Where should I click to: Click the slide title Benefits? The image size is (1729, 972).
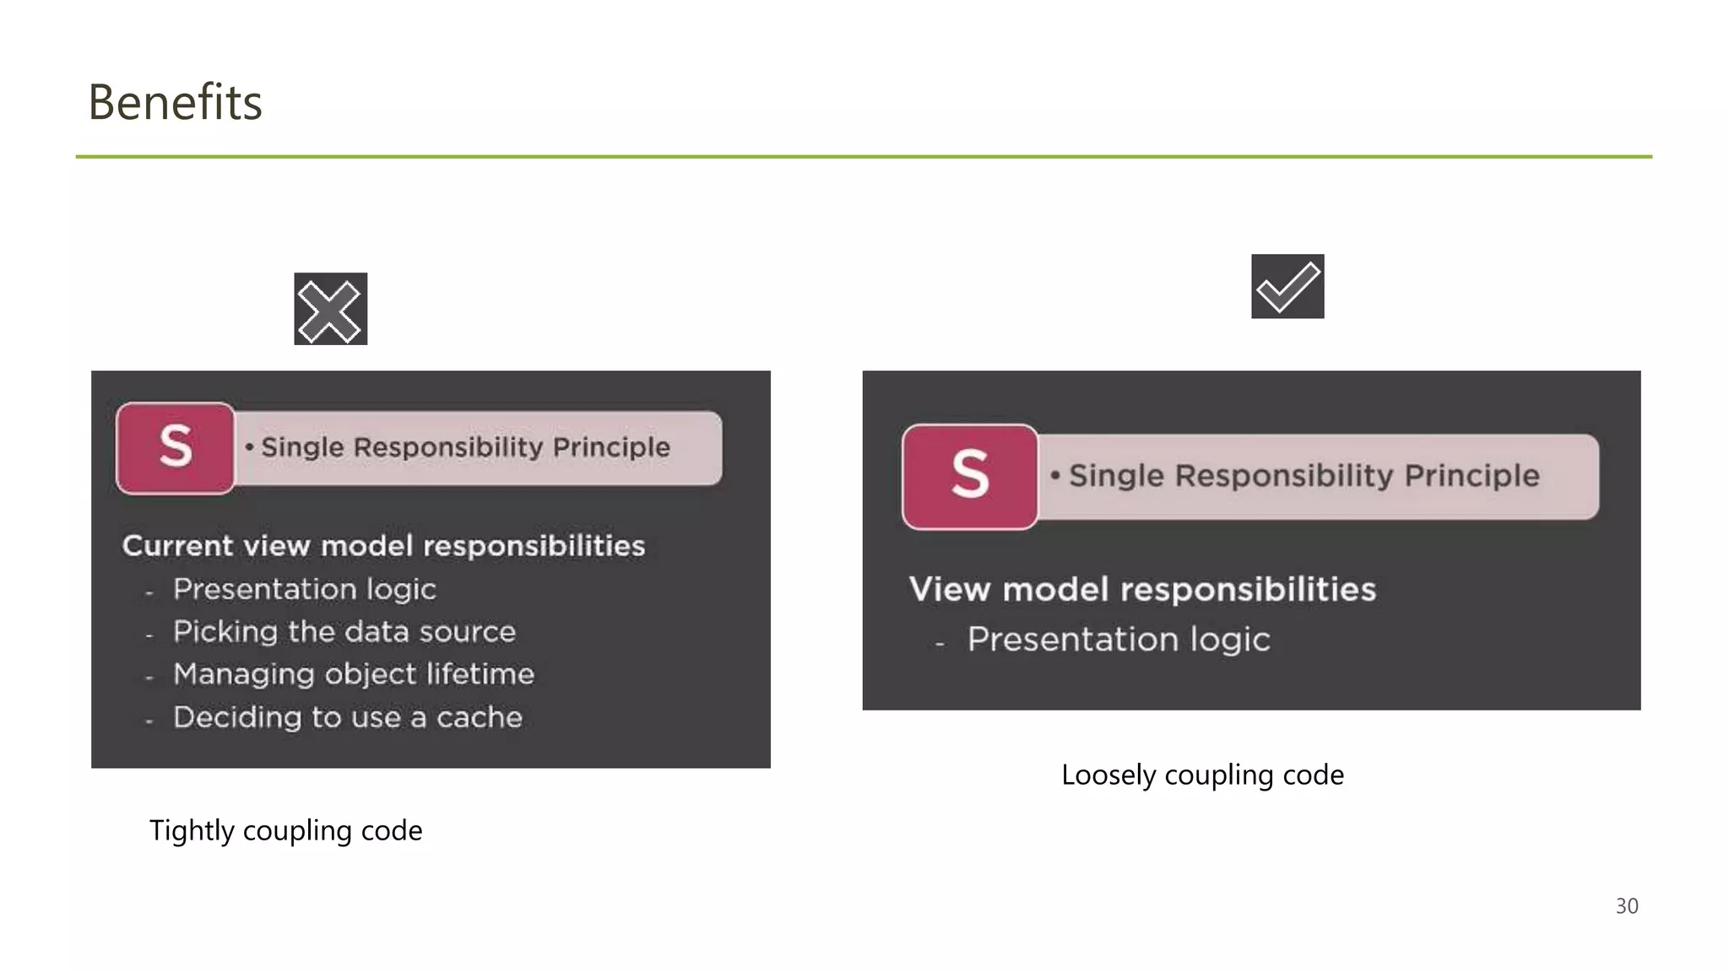tap(175, 103)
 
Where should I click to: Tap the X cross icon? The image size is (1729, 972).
tap(330, 309)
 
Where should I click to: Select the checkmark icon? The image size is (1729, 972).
tap(1287, 286)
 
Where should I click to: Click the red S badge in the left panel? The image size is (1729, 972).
tap(176, 447)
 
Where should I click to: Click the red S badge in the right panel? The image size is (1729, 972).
tap(970, 476)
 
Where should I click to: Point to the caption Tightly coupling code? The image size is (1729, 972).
tap(285, 831)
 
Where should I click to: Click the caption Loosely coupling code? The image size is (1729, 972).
tap(1202, 775)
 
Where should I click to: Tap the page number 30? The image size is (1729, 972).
tap(1626, 906)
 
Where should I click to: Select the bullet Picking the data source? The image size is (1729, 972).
tap(344, 632)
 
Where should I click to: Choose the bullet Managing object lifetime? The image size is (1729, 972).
tap(353, 674)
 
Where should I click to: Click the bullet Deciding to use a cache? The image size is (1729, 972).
tap(347, 717)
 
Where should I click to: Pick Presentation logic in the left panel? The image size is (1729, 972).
tap(304, 589)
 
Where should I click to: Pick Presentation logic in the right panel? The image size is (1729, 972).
tap(1118, 640)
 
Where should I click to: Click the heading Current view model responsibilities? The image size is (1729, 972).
tap(383, 546)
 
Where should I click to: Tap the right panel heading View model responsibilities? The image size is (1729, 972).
tap(1142, 589)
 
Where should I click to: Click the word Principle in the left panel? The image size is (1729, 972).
tap(611, 447)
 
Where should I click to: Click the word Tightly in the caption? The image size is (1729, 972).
tap(192, 831)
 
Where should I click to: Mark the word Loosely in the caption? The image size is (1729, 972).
tap(1108, 775)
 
